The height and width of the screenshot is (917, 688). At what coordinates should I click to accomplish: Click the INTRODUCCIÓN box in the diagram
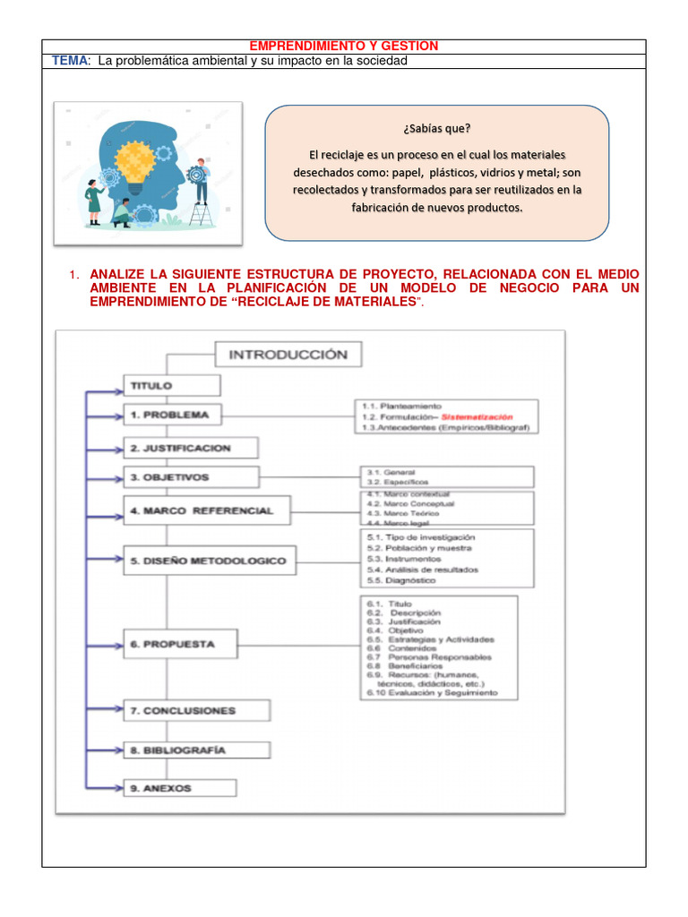coord(288,355)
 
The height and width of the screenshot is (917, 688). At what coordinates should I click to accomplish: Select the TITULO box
coord(171,386)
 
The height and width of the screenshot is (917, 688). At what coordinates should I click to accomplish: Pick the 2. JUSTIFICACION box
coord(191,448)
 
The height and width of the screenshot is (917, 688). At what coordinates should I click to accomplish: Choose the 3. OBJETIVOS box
coord(191,477)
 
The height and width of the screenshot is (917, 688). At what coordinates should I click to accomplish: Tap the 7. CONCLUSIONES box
coord(196,711)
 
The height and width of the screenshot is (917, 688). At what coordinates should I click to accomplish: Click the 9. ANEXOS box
coord(179,788)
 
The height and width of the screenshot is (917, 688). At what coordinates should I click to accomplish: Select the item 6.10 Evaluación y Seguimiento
coord(431,693)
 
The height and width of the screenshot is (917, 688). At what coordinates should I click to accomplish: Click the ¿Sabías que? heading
coord(437,127)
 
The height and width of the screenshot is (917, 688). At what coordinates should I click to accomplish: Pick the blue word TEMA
coord(69,60)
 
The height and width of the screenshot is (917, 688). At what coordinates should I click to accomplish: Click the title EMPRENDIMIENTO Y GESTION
coord(343,46)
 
